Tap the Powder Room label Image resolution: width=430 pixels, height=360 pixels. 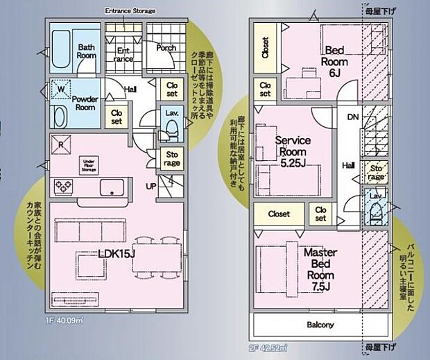[x=84, y=103]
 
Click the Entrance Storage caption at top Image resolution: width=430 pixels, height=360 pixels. [x=130, y=11]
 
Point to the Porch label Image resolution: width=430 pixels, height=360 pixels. [x=166, y=49]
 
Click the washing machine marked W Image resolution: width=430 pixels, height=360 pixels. [x=61, y=89]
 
